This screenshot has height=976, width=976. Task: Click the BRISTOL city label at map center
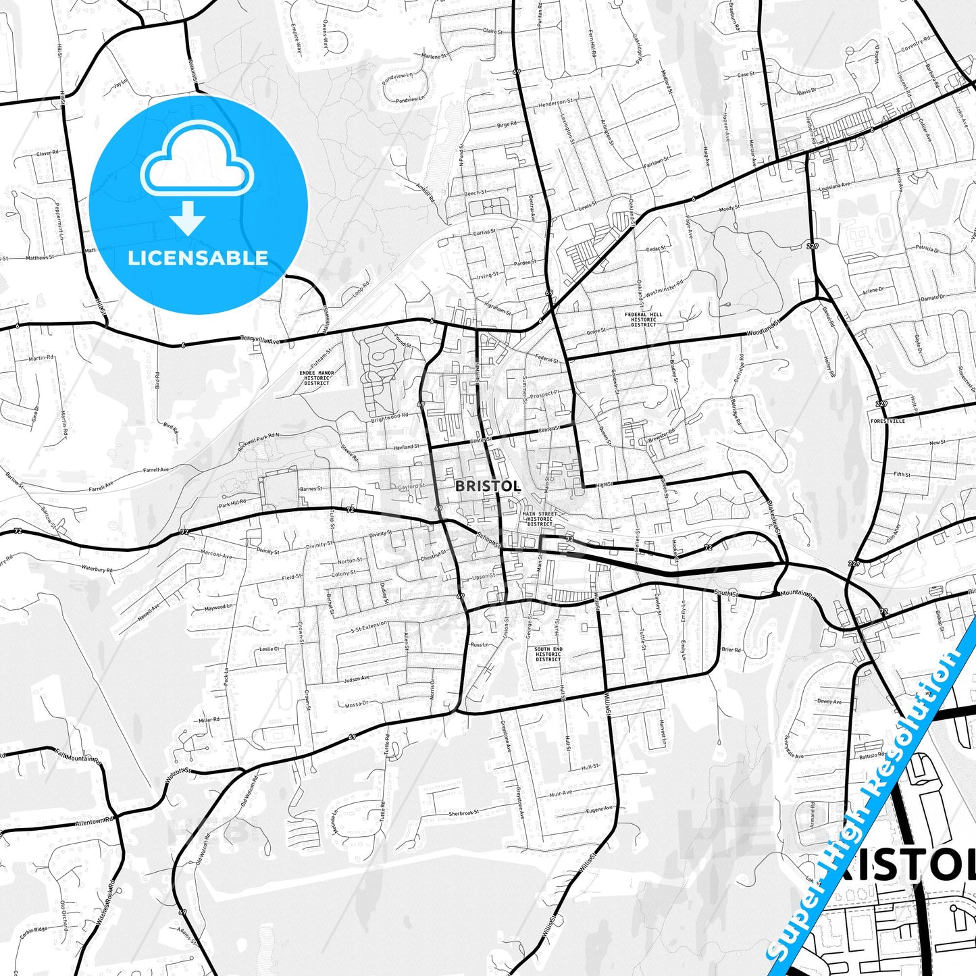[x=488, y=486]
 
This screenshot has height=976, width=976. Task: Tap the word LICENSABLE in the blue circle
[x=198, y=258]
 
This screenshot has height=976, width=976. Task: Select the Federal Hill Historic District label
[x=643, y=319]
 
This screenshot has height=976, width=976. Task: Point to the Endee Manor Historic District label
[x=317, y=378]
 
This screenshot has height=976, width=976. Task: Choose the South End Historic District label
[x=548, y=654]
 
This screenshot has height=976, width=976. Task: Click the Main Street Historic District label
[x=540, y=519]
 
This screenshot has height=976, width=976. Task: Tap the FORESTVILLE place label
[x=888, y=421]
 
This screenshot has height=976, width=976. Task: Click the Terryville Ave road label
[x=261, y=340]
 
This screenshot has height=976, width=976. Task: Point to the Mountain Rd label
[x=798, y=594]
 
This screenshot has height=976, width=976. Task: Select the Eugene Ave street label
[x=599, y=809]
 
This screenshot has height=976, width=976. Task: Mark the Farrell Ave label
[x=156, y=470]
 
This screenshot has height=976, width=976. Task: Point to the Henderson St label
[x=555, y=103]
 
